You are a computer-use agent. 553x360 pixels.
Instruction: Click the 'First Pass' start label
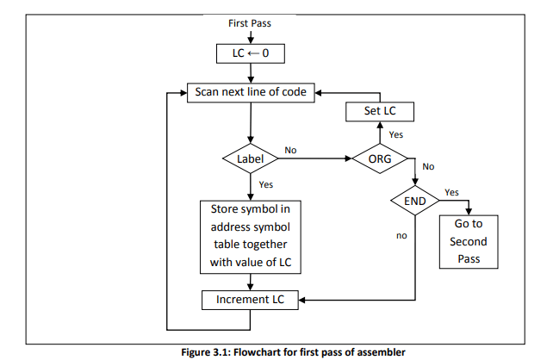click(x=250, y=23)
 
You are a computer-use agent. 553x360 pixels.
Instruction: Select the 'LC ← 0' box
click(x=250, y=54)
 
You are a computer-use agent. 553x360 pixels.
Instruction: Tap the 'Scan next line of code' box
click(x=250, y=91)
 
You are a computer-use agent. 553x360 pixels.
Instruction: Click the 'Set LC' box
click(x=380, y=112)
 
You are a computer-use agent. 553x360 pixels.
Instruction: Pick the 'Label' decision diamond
click(x=250, y=159)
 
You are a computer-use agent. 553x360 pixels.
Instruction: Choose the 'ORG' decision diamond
click(x=380, y=159)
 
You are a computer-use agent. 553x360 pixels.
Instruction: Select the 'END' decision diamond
click(x=415, y=202)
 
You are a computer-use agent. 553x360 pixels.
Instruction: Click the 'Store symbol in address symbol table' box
click(x=250, y=236)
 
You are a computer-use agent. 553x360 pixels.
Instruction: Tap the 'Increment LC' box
click(x=250, y=300)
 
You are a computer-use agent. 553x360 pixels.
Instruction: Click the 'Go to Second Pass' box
click(x=468, y=242)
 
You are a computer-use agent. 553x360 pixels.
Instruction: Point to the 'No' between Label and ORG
click(x=290, y=150)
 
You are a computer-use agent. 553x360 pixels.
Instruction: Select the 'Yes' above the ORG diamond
click(x=396, y=135)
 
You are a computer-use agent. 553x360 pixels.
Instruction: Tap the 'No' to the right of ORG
click(x=428, y=167)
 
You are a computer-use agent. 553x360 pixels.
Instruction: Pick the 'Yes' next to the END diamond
click(x=451, y=191)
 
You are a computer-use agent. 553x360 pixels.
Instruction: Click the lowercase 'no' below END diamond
click(x=401, y=233)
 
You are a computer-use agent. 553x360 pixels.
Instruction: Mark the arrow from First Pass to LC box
click(x=250, y=37)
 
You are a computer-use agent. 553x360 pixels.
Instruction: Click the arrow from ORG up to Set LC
click(x=380, y=134)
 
